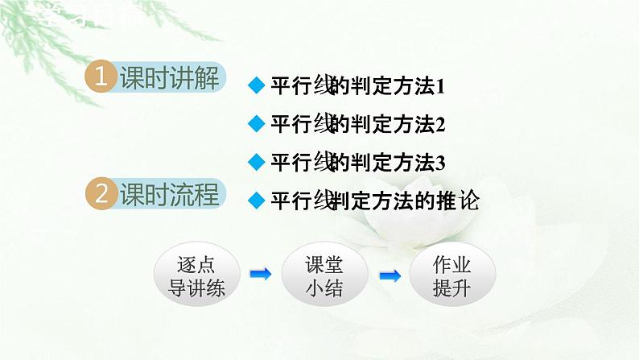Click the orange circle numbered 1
(x=101, y=77)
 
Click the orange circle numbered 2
(x=101, y=194)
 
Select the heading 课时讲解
(x=168, y=77)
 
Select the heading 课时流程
(x=168, y=194)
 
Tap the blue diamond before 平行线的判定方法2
(x=256, y=124)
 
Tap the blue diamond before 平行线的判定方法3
(x=256, y=162)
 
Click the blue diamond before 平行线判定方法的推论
(x=256, y=200)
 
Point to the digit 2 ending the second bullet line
(x=439, y=125)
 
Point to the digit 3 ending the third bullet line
(x=439, y=163)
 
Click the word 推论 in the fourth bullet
(x=460, y=201)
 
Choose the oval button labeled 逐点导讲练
(x=197, y=275)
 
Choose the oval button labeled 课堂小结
(x=324, y=275)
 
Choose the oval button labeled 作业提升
(x=451, y=275)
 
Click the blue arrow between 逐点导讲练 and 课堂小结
(x=261, y=275)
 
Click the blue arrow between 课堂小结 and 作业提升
(x=390, y=275)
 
